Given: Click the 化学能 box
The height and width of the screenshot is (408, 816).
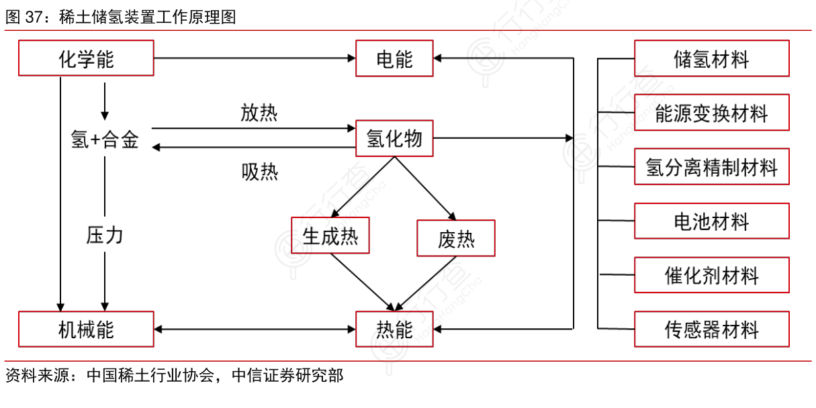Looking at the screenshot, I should tap(86, 58).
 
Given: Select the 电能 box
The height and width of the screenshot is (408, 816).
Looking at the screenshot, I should tap(394, 58).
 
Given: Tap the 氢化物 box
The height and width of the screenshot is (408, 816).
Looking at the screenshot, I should tap(394, 138).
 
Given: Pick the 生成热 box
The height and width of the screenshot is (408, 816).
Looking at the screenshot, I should tap(330, 236).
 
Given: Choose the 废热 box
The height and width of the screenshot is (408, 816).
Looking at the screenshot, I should tap(456, 238).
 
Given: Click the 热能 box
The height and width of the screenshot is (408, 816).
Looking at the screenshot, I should tap(394, 329).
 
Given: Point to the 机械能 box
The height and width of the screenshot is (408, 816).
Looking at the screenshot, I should tap(86, 329).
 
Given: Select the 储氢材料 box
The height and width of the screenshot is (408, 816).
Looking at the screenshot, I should tap(711, 58).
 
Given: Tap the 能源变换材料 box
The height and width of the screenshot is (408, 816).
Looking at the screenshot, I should tap(711, 113).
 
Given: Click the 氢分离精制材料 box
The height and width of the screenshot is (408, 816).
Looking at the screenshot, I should tap(711, 166).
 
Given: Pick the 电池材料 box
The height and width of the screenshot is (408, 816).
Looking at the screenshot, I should tap(711, 221).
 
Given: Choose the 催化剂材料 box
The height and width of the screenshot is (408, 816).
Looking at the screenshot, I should tap(711, 275).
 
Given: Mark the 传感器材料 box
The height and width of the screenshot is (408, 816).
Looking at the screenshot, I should tap(711, 329).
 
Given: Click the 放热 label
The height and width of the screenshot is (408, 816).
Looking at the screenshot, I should tap(259, 113).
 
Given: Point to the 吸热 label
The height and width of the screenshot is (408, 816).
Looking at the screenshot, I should tap(259, 172).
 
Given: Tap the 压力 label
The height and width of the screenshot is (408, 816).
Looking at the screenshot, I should tap(105, 236).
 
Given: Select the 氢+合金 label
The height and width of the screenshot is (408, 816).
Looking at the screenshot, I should tap(105, 140).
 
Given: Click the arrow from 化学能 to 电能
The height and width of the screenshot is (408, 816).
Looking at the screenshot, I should tap(255, 58).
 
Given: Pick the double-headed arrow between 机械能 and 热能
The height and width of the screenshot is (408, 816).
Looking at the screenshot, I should tap(255, 329).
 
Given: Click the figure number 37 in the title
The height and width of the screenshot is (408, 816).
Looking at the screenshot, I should tap(34, 17).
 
